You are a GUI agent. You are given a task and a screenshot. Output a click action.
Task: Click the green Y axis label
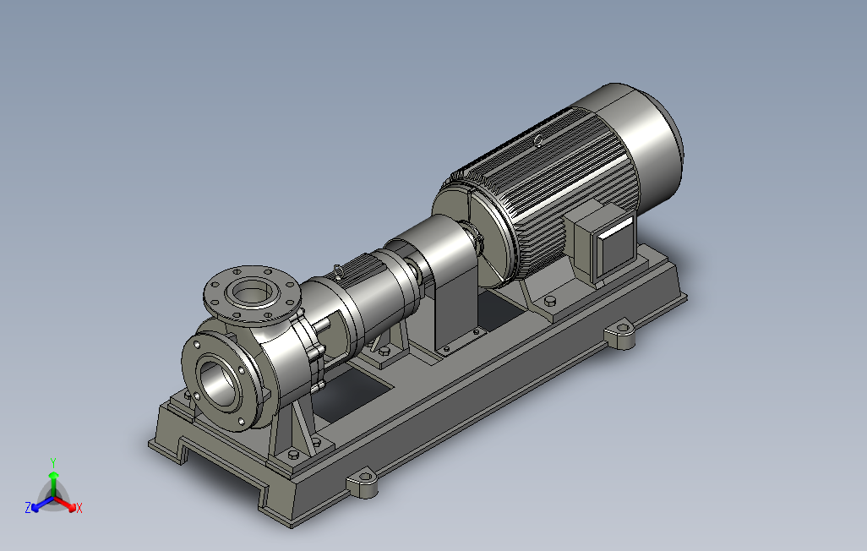click(53, 462)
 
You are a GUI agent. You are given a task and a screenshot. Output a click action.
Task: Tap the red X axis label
click(79, 508)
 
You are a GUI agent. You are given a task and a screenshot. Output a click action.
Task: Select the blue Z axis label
click(28, 507)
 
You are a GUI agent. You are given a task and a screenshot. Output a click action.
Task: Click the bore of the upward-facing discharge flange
click(252, 291)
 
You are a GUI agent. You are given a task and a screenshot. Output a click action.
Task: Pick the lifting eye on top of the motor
click(538, 141)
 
